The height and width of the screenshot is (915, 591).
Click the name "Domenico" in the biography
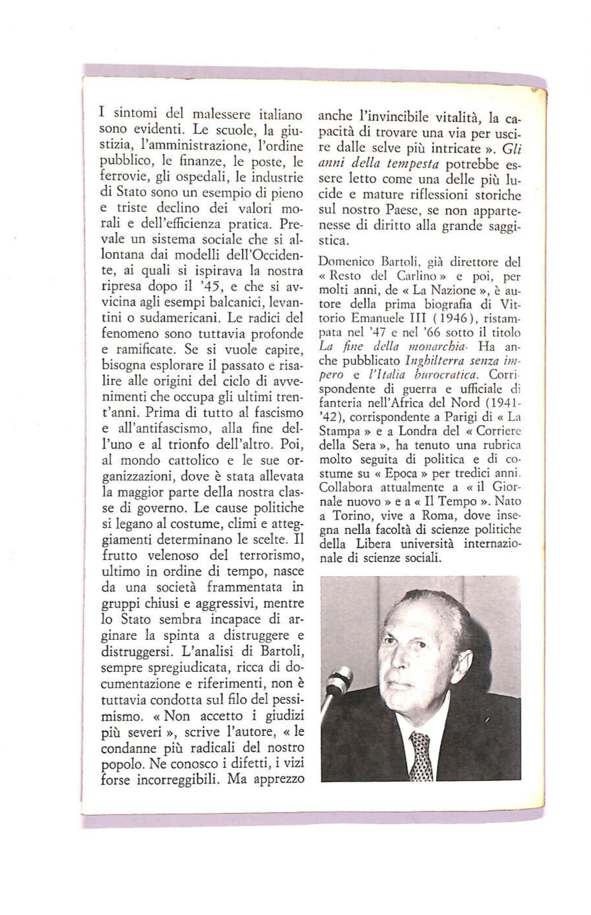point(349,262)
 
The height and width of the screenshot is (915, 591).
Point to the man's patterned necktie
point(421,756)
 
